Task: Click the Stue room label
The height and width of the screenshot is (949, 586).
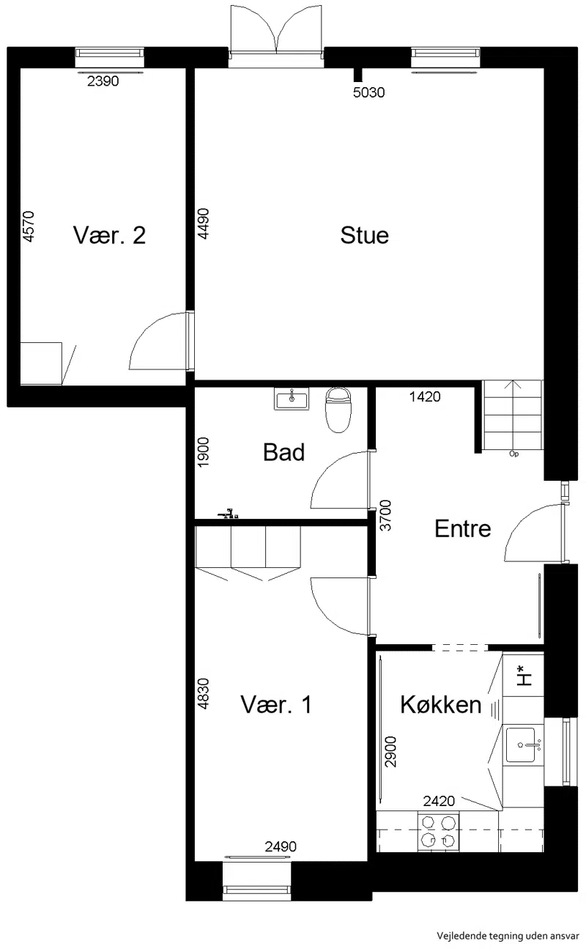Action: click(365, 235)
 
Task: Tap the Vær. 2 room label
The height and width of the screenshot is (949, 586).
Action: click(109, 235)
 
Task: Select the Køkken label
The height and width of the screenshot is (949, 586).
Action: click(441, 705)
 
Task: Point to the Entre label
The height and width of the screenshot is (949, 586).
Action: click(463, 529)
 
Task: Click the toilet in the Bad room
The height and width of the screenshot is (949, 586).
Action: click(338, 409)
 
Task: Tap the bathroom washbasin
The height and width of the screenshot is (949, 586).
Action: click(292, 399)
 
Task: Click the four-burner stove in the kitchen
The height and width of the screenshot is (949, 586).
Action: click(439, 832)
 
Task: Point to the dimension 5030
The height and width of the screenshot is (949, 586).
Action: click(368, 92)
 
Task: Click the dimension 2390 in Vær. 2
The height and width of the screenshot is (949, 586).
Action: click(103, 81)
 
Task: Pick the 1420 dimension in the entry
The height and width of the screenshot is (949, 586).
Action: click(425, 396)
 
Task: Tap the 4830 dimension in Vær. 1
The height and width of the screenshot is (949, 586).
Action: click(203, 693)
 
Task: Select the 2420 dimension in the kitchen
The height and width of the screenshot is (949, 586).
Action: click(439, 801)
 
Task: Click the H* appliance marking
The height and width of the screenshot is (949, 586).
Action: click(524, 676)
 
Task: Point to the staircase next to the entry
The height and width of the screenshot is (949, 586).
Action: click(513, 415)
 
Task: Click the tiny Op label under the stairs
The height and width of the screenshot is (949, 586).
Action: click(513, 454)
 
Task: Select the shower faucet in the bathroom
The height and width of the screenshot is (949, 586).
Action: click(229, 513)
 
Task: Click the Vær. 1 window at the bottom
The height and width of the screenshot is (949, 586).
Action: click(257, 881)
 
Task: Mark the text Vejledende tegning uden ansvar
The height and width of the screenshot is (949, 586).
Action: click(508, 937)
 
